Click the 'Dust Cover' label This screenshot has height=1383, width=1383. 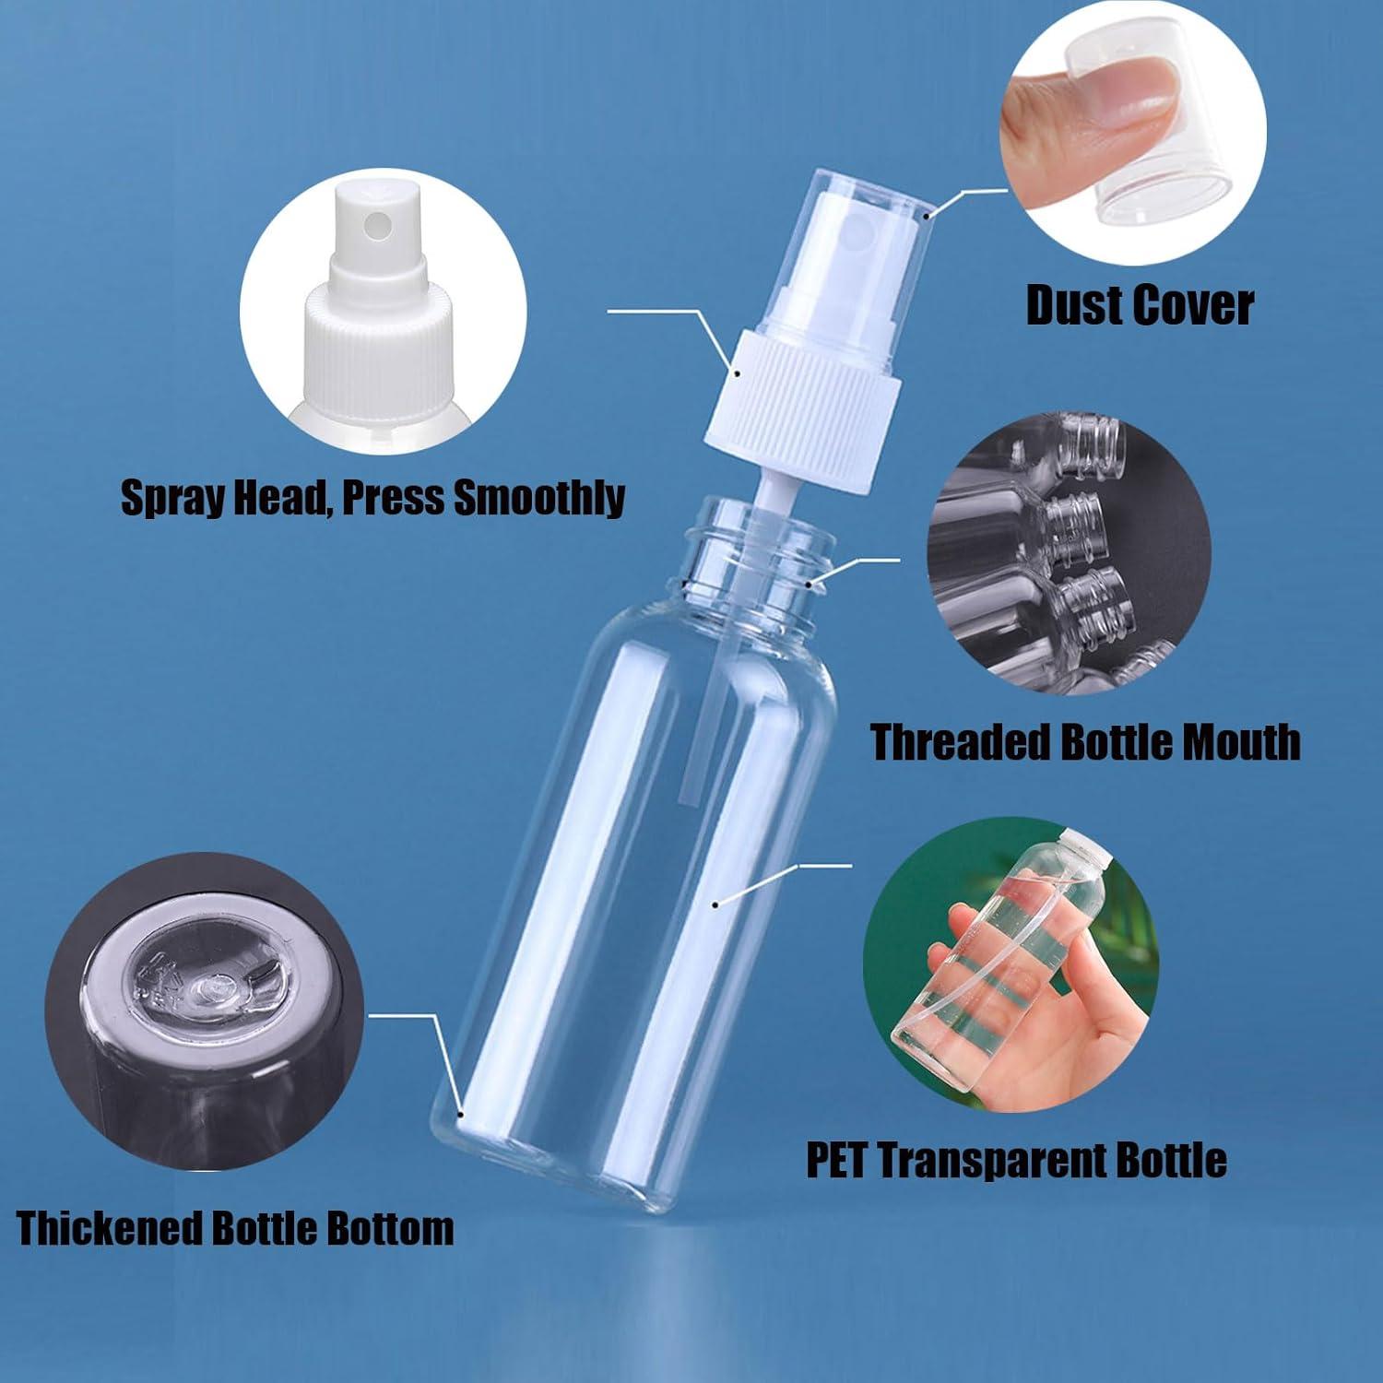[1140, 305]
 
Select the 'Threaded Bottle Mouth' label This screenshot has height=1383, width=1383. [1085, 742]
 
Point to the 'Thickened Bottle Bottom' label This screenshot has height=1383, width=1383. [235, 1229]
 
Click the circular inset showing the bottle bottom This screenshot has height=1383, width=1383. [204, 1011]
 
